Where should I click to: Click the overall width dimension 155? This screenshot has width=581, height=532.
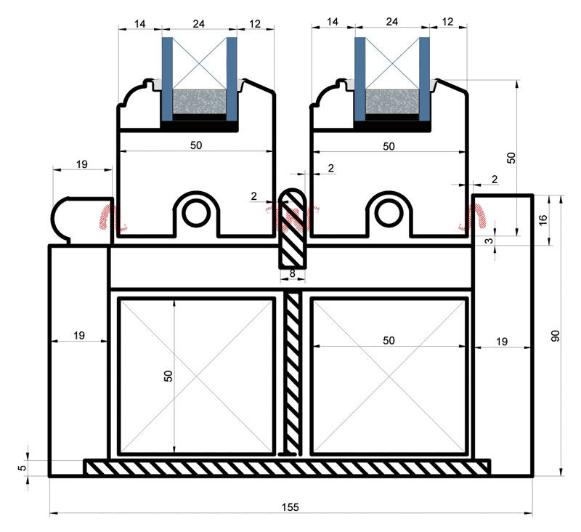pyautogui.click(x=290, y=506)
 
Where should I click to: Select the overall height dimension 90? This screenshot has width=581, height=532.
pyautogui.click(x=556, y=336)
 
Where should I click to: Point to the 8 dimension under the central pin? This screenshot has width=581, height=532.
pyautogui.click(x=293, y=274)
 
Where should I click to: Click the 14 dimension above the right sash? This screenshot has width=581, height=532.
pyautogui.click(x=333, y=23)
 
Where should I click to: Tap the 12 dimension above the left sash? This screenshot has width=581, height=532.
pyautogui.click(x=255, y=23)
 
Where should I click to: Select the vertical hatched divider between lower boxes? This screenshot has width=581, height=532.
pyautogui.click(x=293, y=371)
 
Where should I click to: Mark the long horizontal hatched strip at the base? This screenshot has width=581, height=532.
pyautogui.click(x=287, y=467)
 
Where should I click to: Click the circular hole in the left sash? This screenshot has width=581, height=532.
pyautogui.click(x=195, y=211)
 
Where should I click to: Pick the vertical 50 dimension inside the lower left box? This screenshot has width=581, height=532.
pyautogui.click(x=168, y=376)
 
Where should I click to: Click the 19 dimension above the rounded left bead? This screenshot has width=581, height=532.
pyautogui.click(x=81, y=164)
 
